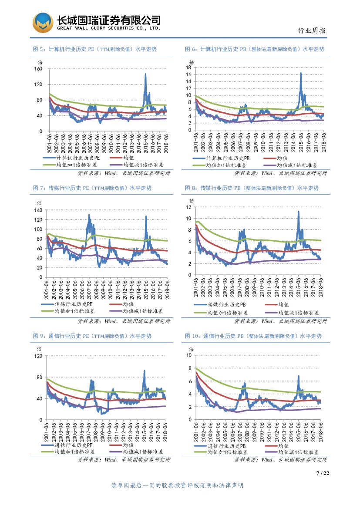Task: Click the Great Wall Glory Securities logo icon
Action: [x=44, y=23]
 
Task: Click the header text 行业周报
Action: [x=312, y=30]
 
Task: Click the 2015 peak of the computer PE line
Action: [x=145, y=74]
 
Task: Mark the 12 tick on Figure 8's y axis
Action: [x=189, y=207]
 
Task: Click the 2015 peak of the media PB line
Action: [x=298, y=212]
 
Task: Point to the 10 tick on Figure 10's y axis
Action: [x=189, y=355]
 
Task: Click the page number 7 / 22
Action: [x=321, y=473]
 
